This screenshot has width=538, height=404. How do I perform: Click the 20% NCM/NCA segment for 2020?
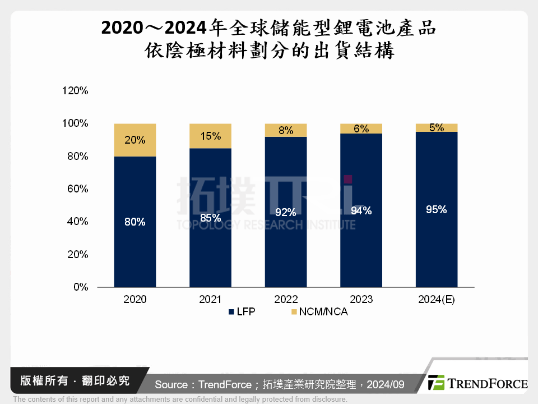(x=134, y=140)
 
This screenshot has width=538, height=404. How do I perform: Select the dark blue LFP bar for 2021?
(x=210, y=247)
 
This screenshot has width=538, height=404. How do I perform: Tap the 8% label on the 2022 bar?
(x=286, y=130)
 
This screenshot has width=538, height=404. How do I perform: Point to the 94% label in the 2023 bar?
(x=361, y=211)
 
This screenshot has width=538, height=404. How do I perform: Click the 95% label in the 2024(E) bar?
(x=436, y=210)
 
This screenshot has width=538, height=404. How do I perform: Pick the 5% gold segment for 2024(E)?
(x=437, y=128)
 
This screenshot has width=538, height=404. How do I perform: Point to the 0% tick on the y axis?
(x=81, y=287)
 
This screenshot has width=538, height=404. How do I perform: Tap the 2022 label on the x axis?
(x=286, y=300)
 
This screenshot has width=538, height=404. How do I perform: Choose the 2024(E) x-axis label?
(x=437, y=300)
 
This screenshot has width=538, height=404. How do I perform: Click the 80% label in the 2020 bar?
(x=134, y=222)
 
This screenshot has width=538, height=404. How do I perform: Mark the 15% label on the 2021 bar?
(x=210, y=136)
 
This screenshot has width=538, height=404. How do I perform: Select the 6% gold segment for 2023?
(x=361, y=128)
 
